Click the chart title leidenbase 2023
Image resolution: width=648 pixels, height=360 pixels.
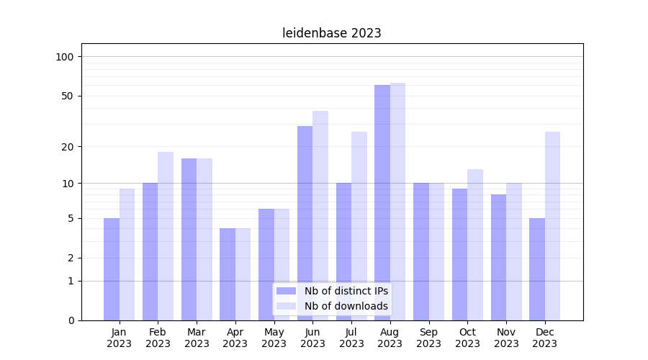(x=331, y=33)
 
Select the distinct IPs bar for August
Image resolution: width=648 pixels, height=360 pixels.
(x=382, y=202)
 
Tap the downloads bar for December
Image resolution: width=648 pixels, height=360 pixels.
(x=552, y=226)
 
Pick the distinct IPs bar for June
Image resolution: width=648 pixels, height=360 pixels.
(x=305, y=223)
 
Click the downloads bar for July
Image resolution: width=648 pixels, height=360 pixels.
(x=359, y=226)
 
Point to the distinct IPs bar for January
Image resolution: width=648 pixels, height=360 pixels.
(x=112, y=269)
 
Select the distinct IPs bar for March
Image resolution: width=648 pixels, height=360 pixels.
(x=189, y=239)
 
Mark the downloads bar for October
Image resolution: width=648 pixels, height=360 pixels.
(x=475, y=245)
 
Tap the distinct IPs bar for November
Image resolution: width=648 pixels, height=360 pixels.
(x=498, y=257)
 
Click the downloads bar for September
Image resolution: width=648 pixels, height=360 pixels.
(x=436, y=251)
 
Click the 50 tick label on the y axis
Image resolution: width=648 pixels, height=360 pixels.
(x=68, y=96)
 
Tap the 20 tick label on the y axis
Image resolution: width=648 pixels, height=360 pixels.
(x=68, y=147)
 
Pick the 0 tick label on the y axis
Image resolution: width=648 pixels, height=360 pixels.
(x=71, y=320)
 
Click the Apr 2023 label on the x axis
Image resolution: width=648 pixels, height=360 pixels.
(x=235, y=338)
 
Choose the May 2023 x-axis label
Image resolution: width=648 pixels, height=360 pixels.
(x=274, y=338)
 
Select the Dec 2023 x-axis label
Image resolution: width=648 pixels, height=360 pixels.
(x=545, y=338)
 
